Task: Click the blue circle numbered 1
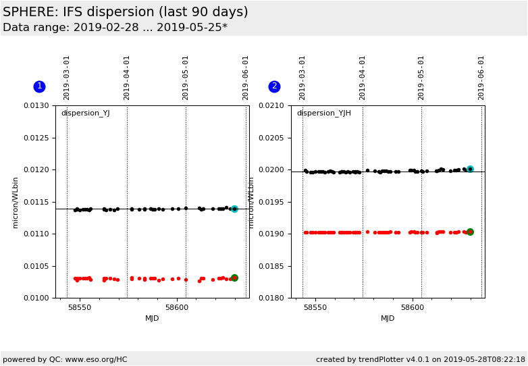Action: tap(39, 86)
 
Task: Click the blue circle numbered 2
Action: tap(274, 86)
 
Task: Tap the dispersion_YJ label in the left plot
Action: tap(85, 113)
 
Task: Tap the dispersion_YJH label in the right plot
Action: tap(323, 113)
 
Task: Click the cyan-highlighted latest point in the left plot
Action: tap(234, 209)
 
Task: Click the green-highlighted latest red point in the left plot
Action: tap(234, 278)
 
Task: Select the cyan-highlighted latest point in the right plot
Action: tap(470, 169)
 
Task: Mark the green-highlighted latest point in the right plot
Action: tap(470, 232)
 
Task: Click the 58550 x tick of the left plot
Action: tap(80, 307)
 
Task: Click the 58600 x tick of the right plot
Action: tap(413, 307)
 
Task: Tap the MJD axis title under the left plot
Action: tap(152, 319)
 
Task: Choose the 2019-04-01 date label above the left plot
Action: tap(126, 78)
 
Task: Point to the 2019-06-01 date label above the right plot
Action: tap(481, 78)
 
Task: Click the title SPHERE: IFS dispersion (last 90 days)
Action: tap(126, 12)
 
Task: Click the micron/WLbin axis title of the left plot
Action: tap(16, 202)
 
